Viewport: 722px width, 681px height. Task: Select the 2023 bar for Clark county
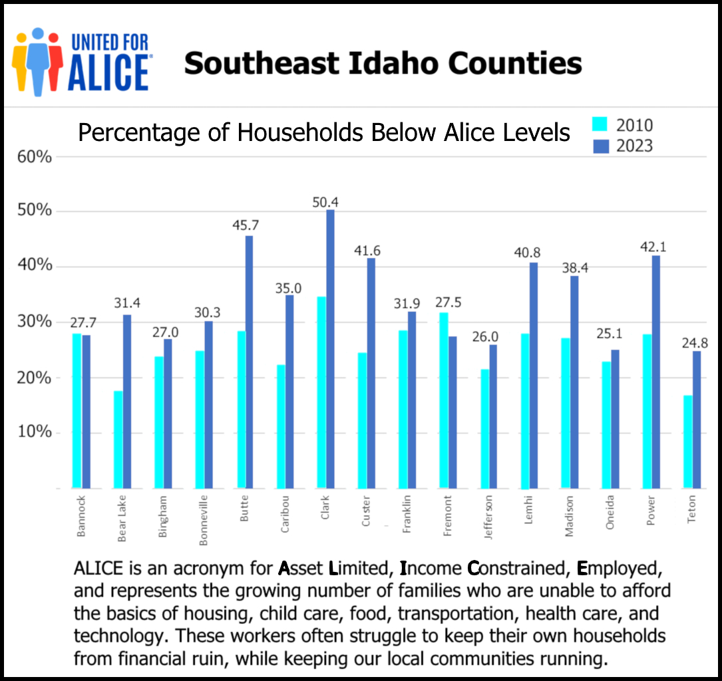[331, 349]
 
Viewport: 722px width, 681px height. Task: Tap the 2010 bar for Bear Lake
[118, 440]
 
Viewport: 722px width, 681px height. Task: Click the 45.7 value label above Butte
[246, 225]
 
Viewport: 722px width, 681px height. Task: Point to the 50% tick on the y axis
[34, 211]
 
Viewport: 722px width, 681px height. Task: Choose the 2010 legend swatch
[601, 124]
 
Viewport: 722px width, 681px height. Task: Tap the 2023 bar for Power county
[656, 372]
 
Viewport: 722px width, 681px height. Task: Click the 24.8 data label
[694, 344]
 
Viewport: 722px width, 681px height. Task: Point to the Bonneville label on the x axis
[204, 520]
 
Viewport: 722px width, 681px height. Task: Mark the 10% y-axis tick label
[34, 432]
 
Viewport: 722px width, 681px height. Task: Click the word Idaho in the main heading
[389, 64]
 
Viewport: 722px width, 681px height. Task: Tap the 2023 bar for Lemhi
[534, 376]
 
